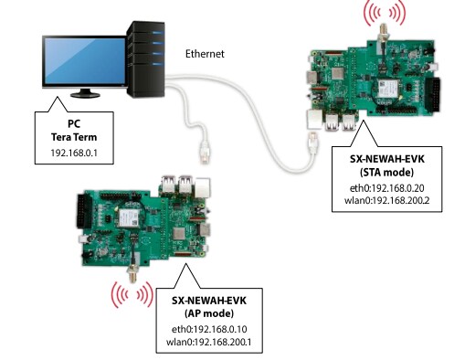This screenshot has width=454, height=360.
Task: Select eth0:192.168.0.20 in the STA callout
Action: pos(386,189)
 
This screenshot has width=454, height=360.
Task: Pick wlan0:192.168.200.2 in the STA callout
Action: pos(386,203)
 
